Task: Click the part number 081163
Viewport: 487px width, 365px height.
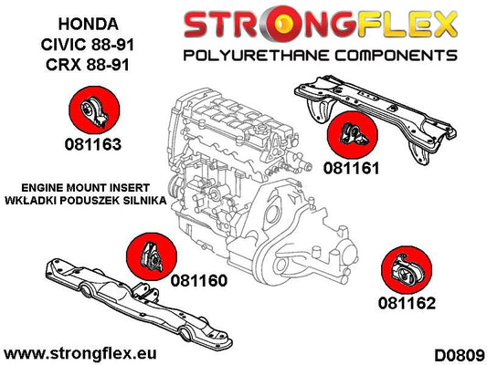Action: coord(93,144)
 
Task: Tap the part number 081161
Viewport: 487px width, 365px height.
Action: coord(351,169)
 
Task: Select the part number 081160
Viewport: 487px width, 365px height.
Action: coord(199,281)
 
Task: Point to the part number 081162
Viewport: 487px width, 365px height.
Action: coord(407,303)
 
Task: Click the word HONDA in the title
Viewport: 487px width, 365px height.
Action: coord(89,25)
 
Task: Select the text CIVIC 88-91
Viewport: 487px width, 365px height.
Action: coord(88,45)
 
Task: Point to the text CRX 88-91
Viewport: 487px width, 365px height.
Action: coord(88,65)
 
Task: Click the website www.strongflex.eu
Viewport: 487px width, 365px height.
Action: coord(80,353)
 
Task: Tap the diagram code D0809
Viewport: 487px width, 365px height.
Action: coord(460,355)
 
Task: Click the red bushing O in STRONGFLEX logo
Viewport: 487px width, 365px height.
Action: coord(281,25)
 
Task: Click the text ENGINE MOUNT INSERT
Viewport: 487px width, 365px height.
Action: coord(85,188)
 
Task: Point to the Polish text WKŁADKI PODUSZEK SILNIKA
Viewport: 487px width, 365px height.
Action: coord(86,201)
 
